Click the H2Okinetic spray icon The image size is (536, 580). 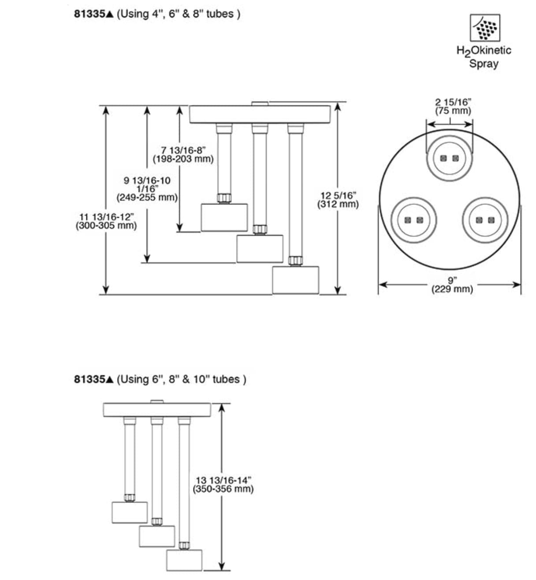tap(484, 27)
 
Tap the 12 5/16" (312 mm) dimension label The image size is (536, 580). tap(338, 200)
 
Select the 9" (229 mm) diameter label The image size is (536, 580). tap(452, 285)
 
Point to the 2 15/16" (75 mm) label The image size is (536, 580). tap(453, 107)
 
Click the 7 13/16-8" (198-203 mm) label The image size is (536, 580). tap(183, 155)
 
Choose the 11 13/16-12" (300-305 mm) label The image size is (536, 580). tap(106, 221)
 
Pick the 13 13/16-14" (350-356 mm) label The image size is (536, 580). tap(223, 484)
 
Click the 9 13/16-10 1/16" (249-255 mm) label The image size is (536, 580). tap(147, 189)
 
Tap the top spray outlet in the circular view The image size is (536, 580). tap(450, 158)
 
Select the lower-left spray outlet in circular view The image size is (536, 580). tap(413, 219)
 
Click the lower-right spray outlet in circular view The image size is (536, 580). tap(485, 219)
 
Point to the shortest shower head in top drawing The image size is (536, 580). tap(224, 217)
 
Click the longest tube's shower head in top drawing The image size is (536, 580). tap(295, 280)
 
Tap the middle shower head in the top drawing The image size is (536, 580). tap(260, 249)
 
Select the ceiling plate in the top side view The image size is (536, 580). tap(260, 114)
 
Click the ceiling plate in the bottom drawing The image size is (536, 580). tap(157, 410)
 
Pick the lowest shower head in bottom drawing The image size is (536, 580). tap(184, 560)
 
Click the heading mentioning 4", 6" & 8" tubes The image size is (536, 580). tap(157, 14)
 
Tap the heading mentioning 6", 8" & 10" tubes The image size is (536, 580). tap(160, 379)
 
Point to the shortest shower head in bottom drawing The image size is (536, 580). tap(130, 512)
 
